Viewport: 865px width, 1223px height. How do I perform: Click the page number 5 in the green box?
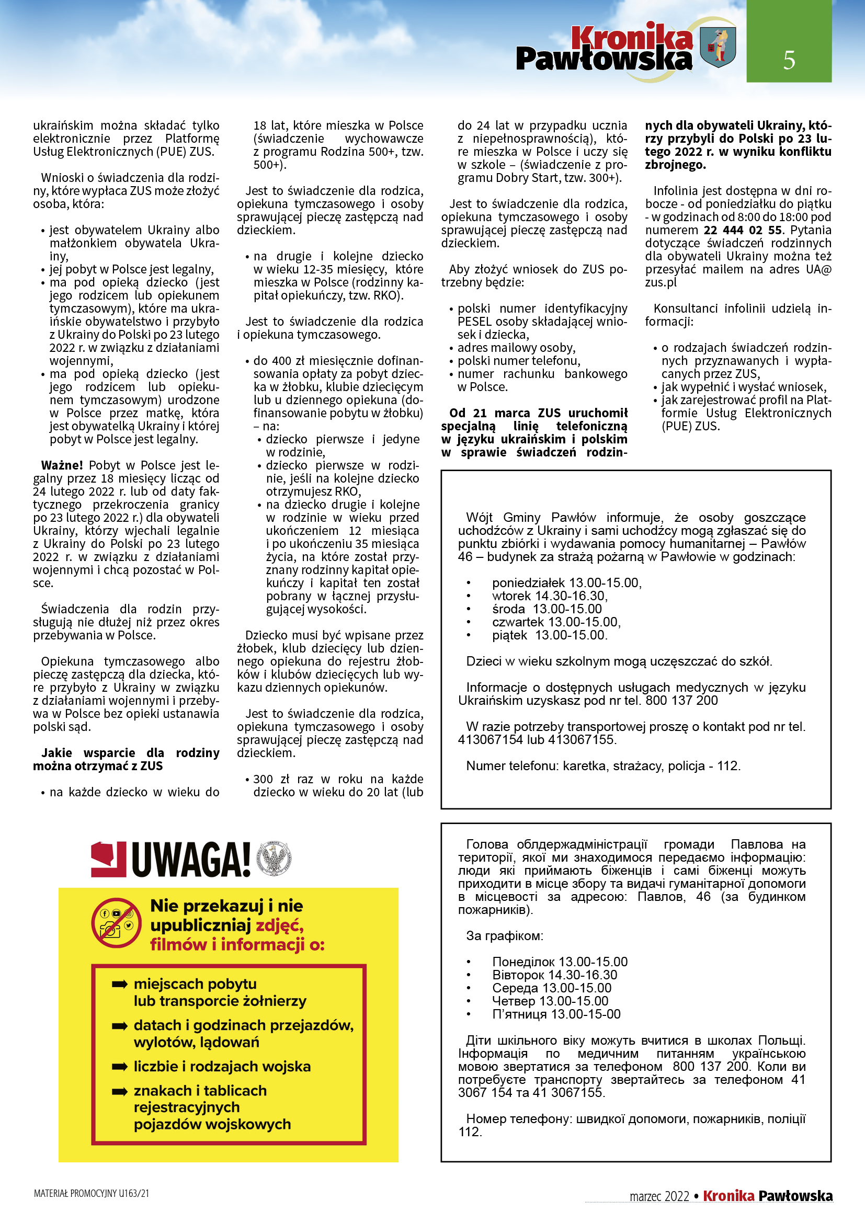(789, 60)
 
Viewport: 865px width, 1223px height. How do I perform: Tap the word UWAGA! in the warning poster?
(191, 859)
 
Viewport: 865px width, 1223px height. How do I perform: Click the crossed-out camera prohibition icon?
(116, 923)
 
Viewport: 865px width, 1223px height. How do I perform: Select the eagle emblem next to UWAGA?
(275, 858)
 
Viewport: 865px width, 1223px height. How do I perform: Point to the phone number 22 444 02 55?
(743, 230)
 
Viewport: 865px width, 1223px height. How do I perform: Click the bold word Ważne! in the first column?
(62, 465)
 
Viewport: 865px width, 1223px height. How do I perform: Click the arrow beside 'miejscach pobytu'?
(119, 984)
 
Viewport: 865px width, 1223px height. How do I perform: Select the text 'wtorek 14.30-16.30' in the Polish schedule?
(549, 596)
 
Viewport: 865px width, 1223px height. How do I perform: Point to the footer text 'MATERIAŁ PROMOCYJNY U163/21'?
(91, 1193)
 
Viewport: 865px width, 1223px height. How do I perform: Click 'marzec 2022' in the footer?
(659, 1196)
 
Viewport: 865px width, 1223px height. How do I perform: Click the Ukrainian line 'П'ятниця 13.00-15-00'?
(556, 1014)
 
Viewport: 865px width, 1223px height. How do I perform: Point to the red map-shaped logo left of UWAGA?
(108, 859)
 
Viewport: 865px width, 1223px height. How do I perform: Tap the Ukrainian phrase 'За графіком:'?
(504, 935)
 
